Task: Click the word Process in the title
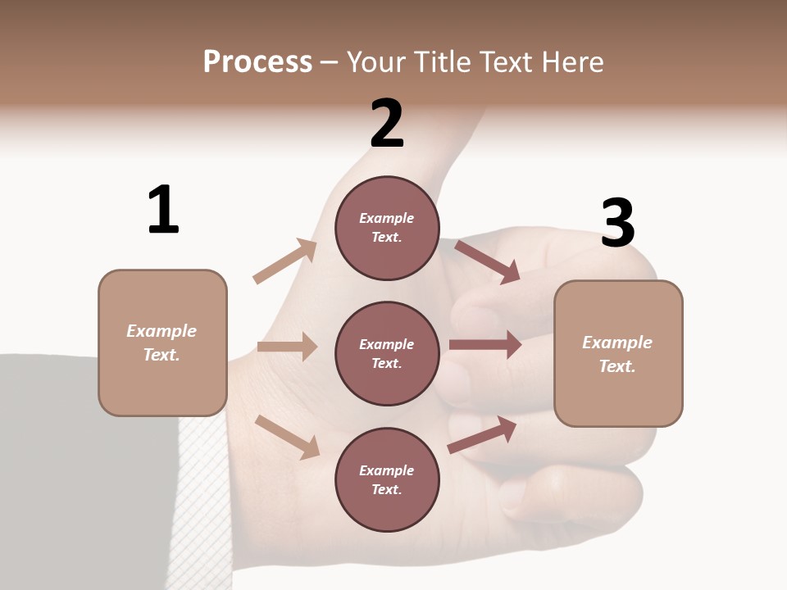[257, 62]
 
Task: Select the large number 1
[163, 210]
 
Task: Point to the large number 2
[387, 124]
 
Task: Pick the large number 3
[617, 223]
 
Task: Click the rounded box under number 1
[162, 343]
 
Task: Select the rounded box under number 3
[618, 354]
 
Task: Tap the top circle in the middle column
[387, 228]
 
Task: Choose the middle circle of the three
[387, 353]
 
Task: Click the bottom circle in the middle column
[387, 479]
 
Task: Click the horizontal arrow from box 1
[287, 347]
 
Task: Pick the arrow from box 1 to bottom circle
[287, 437]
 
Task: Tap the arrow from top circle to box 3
[487, 261]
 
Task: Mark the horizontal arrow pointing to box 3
[485, 345]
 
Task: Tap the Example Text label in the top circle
[387, 228]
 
